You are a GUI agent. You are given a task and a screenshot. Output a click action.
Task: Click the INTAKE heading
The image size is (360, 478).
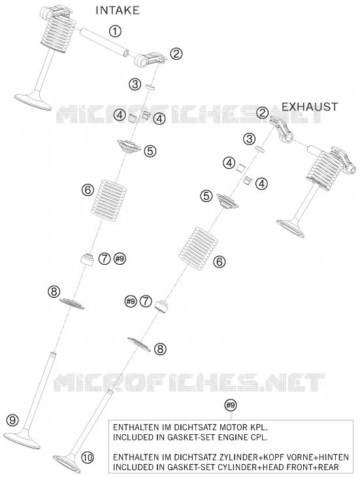(x=118, y=10)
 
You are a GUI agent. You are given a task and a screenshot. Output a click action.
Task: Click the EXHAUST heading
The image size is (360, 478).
(x=310, y=107)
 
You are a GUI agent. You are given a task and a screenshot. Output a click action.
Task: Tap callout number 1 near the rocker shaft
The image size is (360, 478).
(x=115, y=31)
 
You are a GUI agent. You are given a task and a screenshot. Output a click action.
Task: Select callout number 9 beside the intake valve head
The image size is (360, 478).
(x=12, y=420)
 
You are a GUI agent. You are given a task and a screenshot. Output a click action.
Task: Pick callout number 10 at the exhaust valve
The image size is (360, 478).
(x=88, y=457)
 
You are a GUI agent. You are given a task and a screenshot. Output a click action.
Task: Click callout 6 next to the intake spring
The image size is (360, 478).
(x=88, y=190)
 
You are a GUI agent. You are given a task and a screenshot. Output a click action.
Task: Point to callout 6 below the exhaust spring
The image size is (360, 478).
(x=220, y=262)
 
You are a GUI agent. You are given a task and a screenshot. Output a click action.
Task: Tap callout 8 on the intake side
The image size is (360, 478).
(x=54, y=292)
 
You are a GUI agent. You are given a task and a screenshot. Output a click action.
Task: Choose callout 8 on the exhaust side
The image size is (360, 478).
(x=161, y=349)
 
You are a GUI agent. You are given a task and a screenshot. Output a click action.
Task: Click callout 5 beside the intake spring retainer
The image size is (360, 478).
(x=150, y=150)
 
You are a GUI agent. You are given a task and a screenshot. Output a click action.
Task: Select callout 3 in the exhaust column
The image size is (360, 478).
(x=250, y=139)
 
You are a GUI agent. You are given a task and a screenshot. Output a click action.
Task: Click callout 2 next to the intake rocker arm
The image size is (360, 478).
(x=176, y=54)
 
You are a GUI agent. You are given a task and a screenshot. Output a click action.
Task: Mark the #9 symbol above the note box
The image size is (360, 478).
(x=231, y=405)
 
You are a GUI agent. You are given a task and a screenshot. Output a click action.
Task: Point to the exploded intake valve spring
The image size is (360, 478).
(x=109, y=198)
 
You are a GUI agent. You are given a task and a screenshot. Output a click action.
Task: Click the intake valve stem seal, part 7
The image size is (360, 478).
(x=87, y=259)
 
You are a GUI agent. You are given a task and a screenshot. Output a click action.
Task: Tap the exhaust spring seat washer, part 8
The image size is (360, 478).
(x=139, y=344)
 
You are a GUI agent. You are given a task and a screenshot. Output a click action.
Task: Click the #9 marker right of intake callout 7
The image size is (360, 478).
(x=120, y=259)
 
